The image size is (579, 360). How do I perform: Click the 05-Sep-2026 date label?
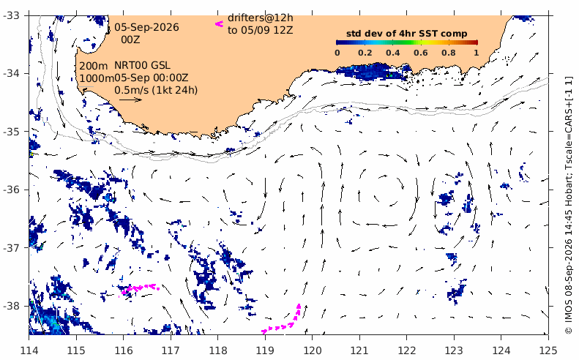[146, 27]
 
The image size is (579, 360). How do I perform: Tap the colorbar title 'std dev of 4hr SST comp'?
[406, 34]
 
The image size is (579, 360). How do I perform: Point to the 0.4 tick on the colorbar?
[392, 53]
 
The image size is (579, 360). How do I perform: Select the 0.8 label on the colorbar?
[448, 53]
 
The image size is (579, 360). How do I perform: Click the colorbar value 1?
[477, 53]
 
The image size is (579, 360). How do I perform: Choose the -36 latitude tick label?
[12, 190]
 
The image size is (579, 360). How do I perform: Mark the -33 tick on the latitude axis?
[12, 15]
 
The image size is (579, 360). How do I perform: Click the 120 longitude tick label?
[312, 350]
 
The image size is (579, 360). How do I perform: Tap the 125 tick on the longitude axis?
[548, 350]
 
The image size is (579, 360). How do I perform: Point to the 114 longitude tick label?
[29, 350]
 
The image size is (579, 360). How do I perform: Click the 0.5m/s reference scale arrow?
[130, 100]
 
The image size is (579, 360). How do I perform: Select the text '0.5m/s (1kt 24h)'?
[156, 90]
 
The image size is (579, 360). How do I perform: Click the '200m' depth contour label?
[94, 67]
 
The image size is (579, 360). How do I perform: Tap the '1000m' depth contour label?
[97, 78]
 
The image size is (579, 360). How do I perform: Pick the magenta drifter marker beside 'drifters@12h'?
[220, 24]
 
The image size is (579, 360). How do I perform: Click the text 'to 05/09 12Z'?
[260, 30]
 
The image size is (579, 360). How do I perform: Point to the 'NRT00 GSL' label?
[142, 65]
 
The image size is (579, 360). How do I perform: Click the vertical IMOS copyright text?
[568, 205]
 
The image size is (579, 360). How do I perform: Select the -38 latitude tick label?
[12, 306]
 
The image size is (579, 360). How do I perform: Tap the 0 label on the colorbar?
[337, 53]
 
